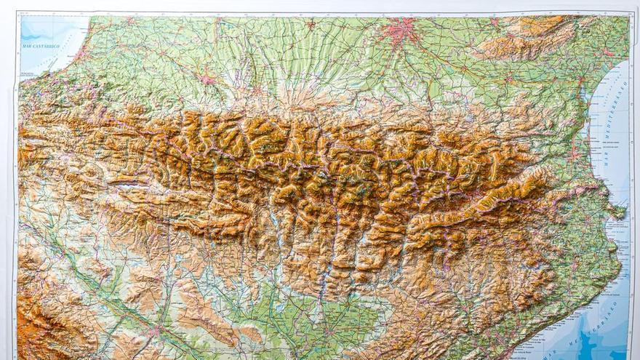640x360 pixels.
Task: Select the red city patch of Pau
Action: coord(209,79)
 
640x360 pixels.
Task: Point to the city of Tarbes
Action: coord(256,91)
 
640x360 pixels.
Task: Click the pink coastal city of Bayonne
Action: coord(80,52)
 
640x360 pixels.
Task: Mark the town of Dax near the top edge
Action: coord(131,20)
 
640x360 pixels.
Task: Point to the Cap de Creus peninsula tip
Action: coord(624,211)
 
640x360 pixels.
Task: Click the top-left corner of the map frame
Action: coord(18,13)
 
